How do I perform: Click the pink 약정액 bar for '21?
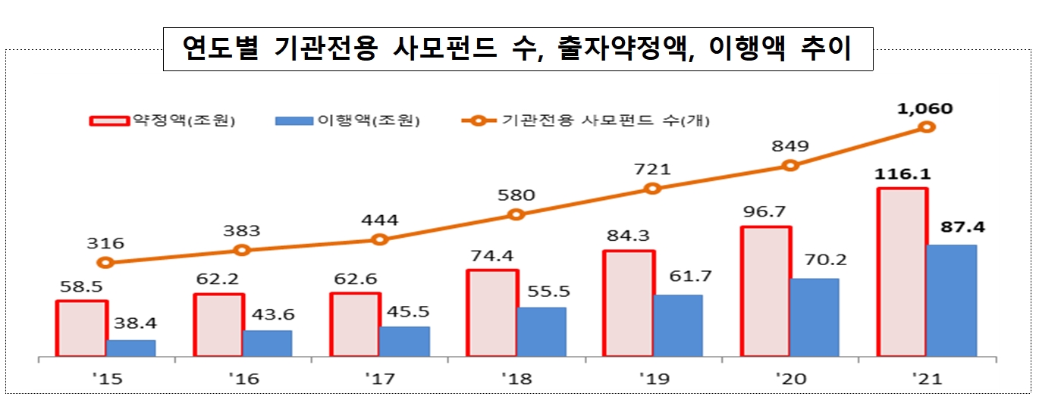(x=902, y=272)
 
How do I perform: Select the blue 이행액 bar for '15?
(x=131, y=348)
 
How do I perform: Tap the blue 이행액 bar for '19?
(x=677, y=326)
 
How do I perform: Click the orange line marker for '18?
(x=516, y=214)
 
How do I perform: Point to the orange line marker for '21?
(x=926, y=126)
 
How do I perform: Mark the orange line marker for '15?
(x=106, y=263)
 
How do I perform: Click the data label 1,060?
(x=924, y=109)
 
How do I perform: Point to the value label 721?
(x=653, y=169)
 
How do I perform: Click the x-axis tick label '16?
(x=244, y=379)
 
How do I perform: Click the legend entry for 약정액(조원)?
(x=163, y=120)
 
